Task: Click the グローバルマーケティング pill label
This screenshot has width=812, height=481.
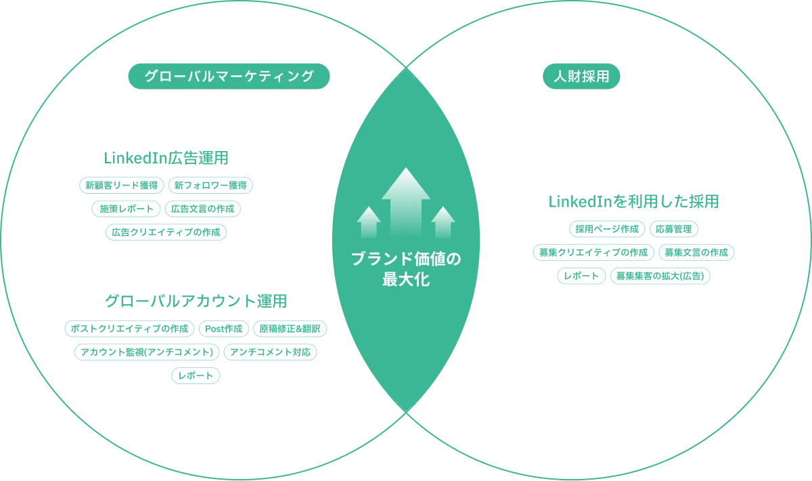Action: (228, 77)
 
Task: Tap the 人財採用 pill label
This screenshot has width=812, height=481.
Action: (581, 77)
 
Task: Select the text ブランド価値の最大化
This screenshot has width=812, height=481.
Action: (406, 269)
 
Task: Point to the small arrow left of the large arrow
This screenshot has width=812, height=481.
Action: (369, 222)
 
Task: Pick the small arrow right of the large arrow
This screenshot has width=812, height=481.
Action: (443, 222)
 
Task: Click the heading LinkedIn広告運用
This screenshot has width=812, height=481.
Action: (168, 158)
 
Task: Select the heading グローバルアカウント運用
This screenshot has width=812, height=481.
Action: (196, 300)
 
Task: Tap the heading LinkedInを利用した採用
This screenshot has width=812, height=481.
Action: (633, 202)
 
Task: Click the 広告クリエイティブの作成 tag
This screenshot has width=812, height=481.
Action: (166, 232)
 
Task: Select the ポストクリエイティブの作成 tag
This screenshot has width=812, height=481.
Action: (130, 330)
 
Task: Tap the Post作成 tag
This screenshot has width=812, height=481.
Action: (223, 330)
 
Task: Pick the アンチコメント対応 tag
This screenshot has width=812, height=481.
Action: (271, 352)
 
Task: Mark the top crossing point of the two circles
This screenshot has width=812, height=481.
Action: (406, 68)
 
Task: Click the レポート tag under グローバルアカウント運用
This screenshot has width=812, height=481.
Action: (195, 375)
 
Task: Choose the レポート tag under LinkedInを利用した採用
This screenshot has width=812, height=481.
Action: (581, 276)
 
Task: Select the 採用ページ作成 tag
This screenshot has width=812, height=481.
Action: (606, 228)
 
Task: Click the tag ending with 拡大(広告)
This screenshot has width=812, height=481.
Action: (660, 276)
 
